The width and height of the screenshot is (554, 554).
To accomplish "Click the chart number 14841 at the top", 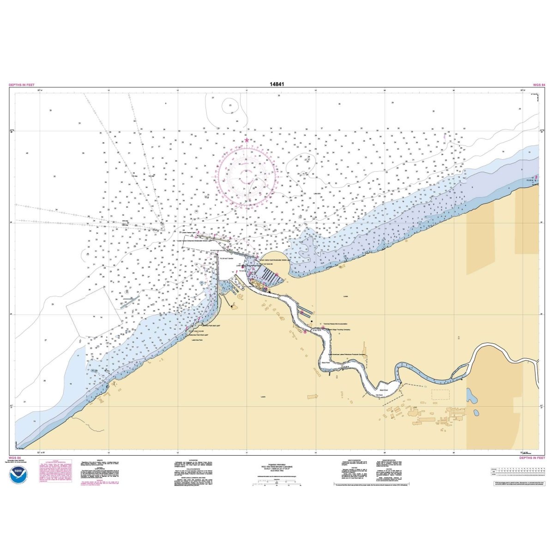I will pos(277,84).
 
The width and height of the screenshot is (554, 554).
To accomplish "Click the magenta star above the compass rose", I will pos(247,139).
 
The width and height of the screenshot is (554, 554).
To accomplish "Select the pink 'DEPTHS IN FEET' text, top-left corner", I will pos(22,85).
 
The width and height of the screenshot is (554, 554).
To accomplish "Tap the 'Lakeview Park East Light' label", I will pos(199,325).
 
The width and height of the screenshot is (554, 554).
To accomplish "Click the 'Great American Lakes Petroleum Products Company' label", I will pos(347,355).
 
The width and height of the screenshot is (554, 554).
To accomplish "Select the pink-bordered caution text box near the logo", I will pos(55,476).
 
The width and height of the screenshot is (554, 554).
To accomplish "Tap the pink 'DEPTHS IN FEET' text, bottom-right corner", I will pos(532,458).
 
